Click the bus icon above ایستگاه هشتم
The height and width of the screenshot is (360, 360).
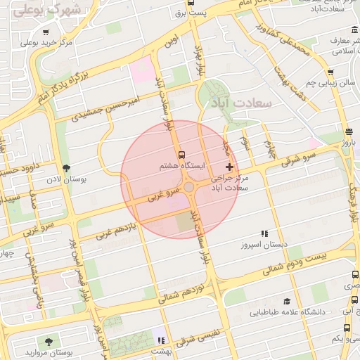tap(182, 154)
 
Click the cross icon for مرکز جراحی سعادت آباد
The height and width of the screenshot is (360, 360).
tap(229, 167)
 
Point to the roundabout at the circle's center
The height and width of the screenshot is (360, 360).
tap(189, 187)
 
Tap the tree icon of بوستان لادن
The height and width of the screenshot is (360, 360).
tap(67, 168)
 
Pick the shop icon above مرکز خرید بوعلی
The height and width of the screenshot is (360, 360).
tap(46, 32)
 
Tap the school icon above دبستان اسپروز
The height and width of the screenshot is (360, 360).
tap(264, 233)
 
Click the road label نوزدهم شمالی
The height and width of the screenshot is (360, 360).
tap(181, 294)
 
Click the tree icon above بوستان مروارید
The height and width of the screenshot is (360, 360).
tap(48, 341)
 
